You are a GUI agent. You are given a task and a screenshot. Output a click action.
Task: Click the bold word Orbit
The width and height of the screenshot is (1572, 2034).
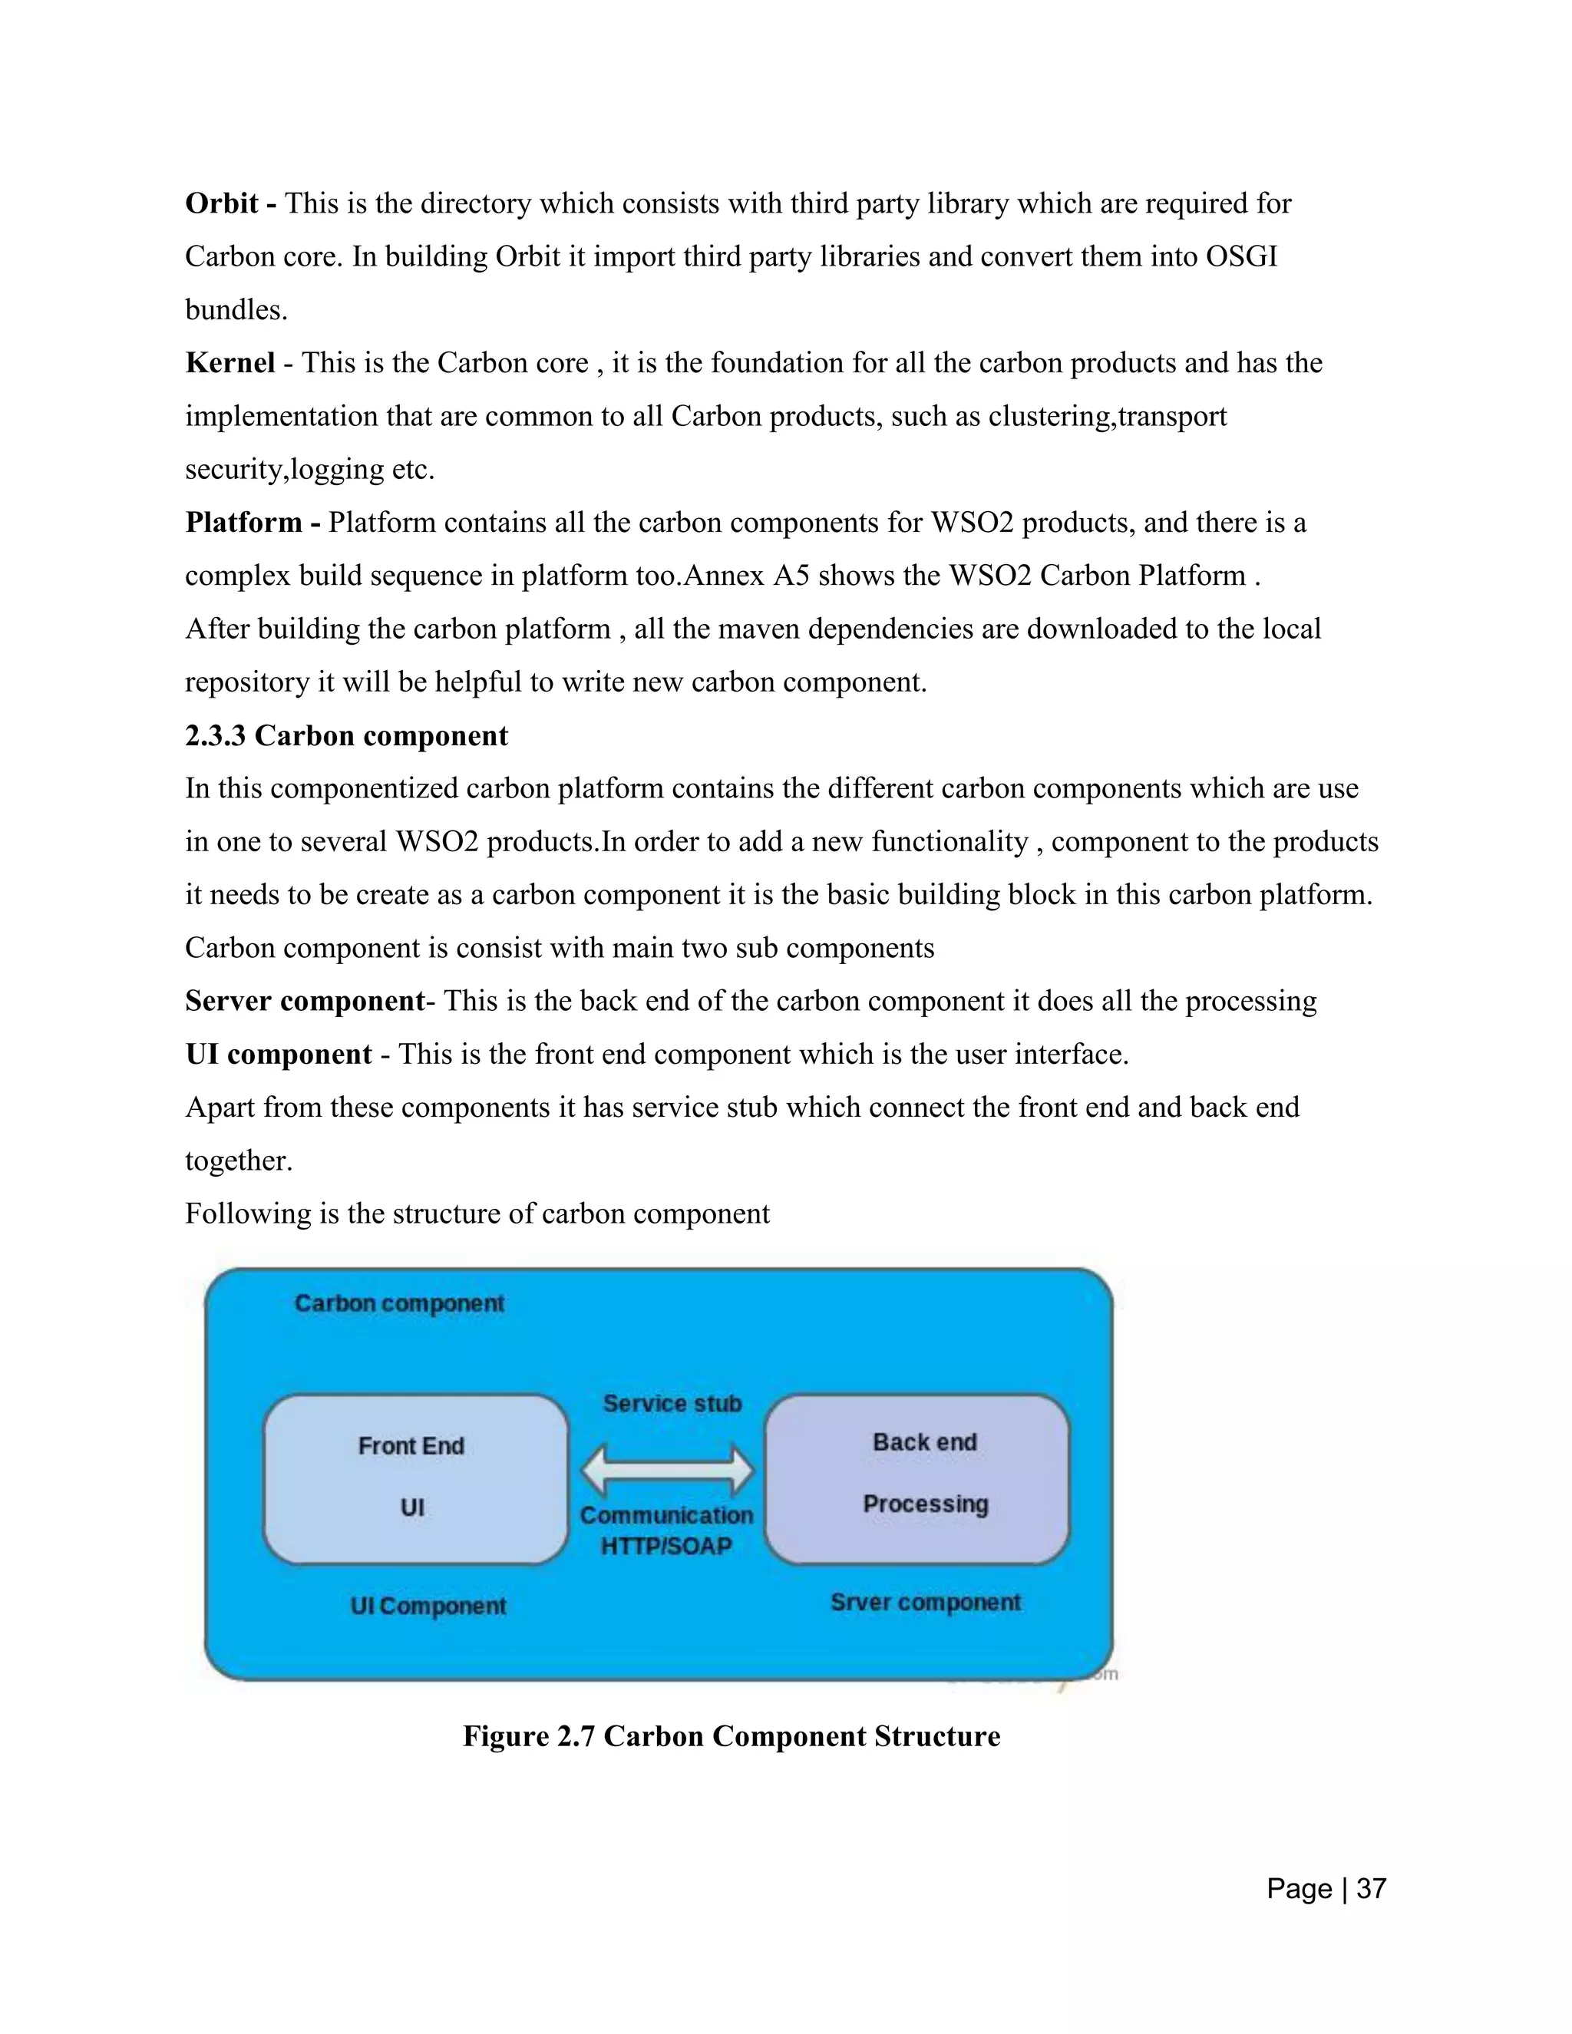[221, 203]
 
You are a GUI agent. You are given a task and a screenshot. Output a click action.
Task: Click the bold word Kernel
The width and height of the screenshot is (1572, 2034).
[230, 362]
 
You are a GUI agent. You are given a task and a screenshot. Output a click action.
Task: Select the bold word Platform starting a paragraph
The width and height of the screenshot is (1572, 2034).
[243, 523]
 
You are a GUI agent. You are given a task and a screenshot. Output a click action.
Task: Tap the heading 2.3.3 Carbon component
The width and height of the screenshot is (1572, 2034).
[346, 736]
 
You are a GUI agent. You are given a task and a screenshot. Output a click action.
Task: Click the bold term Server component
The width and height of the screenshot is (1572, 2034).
[305, 1001]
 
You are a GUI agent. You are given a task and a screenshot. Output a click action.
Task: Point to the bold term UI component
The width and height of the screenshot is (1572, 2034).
[279, 1055]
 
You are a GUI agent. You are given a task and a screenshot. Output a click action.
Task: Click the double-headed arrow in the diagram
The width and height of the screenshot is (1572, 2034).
[667, 1471]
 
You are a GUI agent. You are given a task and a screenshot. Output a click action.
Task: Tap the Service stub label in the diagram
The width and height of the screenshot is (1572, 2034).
[672, 1404]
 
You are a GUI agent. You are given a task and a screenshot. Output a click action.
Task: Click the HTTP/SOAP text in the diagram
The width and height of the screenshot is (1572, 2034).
[665, 1546]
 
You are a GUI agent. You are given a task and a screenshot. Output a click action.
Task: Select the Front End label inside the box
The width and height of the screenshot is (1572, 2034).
[411, 1445]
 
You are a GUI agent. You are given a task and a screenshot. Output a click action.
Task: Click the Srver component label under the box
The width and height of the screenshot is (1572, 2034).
[925, 1602]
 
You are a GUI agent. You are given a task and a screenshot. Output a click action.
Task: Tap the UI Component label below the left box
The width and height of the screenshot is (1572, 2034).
[428, 1606]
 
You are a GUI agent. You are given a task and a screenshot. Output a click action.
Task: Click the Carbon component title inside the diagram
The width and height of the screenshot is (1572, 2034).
[398, 1303]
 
